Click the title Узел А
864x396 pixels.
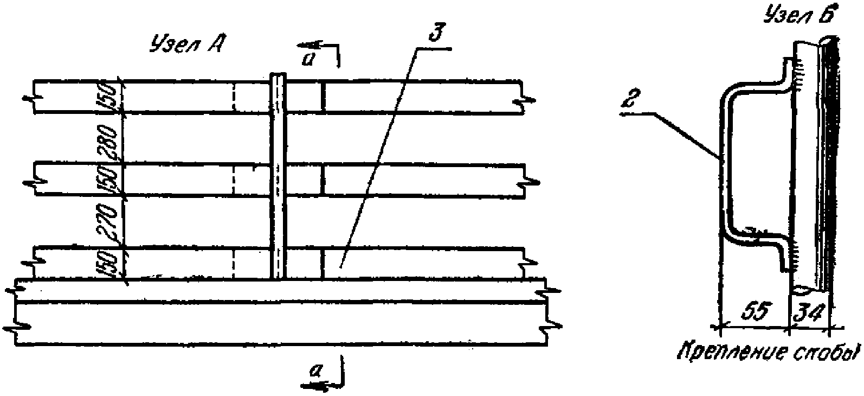tap(184, 45)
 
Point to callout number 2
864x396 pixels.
tap(629, 101)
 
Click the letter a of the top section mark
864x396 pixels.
tap(308, 59)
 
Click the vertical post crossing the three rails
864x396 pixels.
tap(279, 179)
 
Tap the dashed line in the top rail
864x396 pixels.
tap(234, 97)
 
